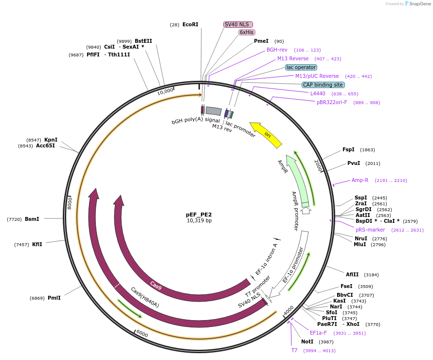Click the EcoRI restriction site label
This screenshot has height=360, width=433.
[190, 24]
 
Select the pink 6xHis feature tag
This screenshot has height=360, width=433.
[247, 32]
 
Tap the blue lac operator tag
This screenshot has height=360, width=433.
[301, 67]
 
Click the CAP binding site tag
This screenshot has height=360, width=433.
[323, 85]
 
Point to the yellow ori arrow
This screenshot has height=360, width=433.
[266, 134]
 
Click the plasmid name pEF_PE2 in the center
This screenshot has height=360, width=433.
[199, 214]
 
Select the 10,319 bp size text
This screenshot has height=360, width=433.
[199, 220]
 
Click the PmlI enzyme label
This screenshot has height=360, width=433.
[54, 298]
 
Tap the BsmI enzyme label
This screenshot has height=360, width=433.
[32, 219]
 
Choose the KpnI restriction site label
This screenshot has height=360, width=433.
[51, 140]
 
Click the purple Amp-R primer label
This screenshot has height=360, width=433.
[360, 180]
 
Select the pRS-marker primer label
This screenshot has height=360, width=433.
[370, 230]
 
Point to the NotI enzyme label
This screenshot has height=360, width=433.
[307, 342]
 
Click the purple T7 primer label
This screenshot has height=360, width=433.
[294, 350]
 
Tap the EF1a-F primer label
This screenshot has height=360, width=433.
[321, 333]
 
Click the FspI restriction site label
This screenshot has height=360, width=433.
[348, 149]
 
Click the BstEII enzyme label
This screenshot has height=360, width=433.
[144, 41]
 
